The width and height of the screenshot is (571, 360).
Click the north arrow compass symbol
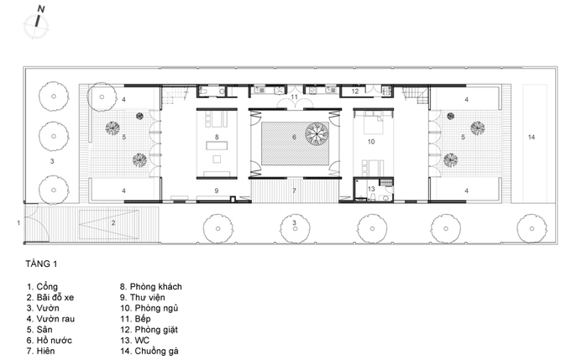click(x=36, y=24)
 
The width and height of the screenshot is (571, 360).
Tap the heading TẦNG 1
click(x=41, y=263)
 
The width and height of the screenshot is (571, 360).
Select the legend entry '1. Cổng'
click(x=42, y=287)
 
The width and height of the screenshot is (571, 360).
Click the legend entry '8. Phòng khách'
click(x=151, y=287)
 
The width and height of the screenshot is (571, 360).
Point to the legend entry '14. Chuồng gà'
click(x=149, y=352)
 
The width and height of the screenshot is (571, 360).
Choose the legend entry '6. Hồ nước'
click(x=50, y=341)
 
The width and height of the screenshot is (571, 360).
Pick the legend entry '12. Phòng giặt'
click(x=149, y=330)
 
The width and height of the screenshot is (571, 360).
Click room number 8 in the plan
click(x=217, y=138)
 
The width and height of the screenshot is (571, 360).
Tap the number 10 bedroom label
click(x=371, y=142)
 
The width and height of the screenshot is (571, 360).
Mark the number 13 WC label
click(x=371, y=189)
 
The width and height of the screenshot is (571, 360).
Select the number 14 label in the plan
click(x=532, y=138)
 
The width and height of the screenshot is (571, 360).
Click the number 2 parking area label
click(x=113, y=222)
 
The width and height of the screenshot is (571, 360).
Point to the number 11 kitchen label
click(x=294, y=97)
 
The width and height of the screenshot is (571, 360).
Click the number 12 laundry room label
click(x=355, y=91)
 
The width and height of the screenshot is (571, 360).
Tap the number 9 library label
click(x=217, y=190)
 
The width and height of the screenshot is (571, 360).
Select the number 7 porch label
click(x=294, y=190)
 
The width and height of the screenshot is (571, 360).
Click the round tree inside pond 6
click(x=317, y=133)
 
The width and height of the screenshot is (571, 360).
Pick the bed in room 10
click(x=373, y=123)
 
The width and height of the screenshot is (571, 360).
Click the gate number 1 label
click(x=18, y=222)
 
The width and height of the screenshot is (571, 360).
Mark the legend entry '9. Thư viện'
click(x=143, y=298)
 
